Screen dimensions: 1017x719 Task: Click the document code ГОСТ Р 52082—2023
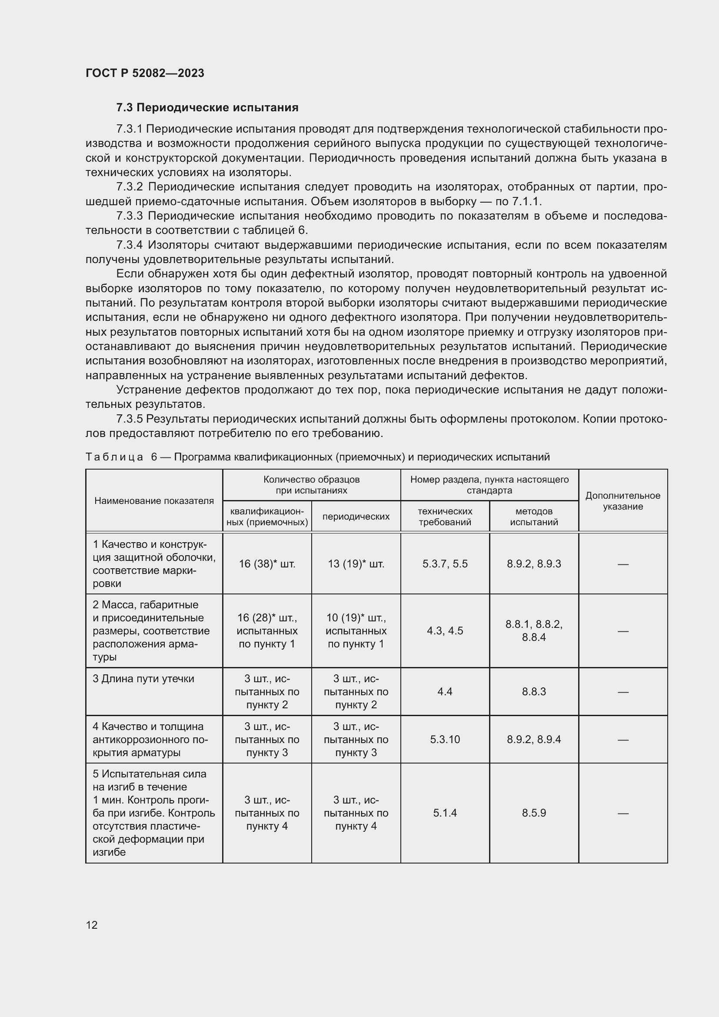pos(145,73)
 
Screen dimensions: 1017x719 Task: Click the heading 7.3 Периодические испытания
pos(207,108)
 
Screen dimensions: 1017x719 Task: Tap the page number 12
pos(92,925)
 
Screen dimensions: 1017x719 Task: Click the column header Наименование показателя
pos(154,500)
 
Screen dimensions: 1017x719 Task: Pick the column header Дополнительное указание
pos(622,500)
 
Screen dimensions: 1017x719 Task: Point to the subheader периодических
pos(356,517)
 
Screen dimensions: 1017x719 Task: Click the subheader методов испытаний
pos(533,517)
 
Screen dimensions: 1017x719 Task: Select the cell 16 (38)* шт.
pos(267,564)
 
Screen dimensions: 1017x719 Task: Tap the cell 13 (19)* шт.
pos(356,564)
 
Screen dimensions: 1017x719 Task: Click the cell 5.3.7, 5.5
pos(445,564)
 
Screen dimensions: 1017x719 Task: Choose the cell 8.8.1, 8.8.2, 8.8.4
pos(533,631)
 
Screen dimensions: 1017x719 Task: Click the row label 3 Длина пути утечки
pos(143,679)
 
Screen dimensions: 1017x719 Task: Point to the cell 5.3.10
pos(445,739)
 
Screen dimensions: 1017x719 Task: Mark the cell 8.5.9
pos(533,813)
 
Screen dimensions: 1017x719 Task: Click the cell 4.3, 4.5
pos(445,631)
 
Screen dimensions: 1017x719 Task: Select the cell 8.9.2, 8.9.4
pos(533,739)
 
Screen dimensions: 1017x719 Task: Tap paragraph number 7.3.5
pos(129,419)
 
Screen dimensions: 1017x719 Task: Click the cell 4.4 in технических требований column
pos(445,691)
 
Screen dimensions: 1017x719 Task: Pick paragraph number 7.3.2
pos(130,187)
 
